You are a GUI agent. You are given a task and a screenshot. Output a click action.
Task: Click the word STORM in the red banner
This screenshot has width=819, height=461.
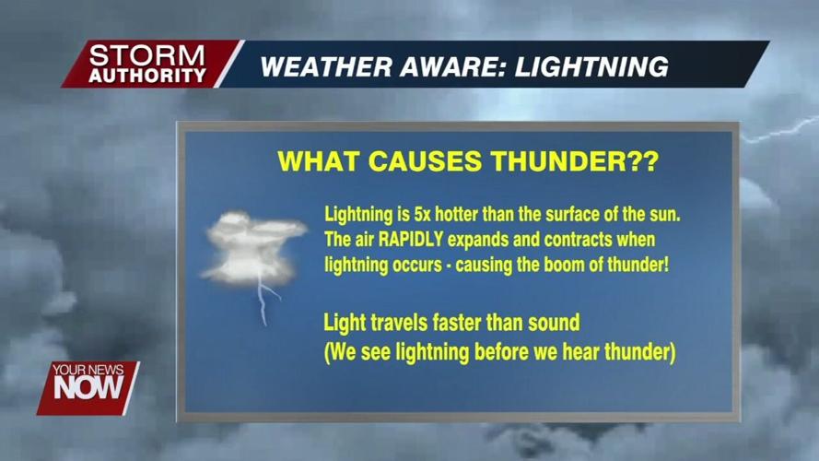click(148, 56)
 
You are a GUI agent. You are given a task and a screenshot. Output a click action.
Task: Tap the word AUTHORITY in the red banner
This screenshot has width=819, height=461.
click(148, 75)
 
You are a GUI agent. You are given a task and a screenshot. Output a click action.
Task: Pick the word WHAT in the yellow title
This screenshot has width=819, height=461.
click(318, 161)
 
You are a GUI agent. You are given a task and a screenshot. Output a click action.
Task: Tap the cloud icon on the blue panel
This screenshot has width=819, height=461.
click(252, 245)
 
